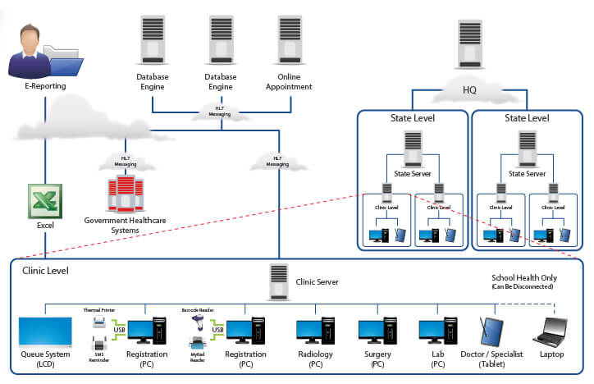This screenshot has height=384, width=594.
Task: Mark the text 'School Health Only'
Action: tap(523, 277)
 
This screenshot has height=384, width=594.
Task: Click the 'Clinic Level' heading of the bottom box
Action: tap(46, 270)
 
